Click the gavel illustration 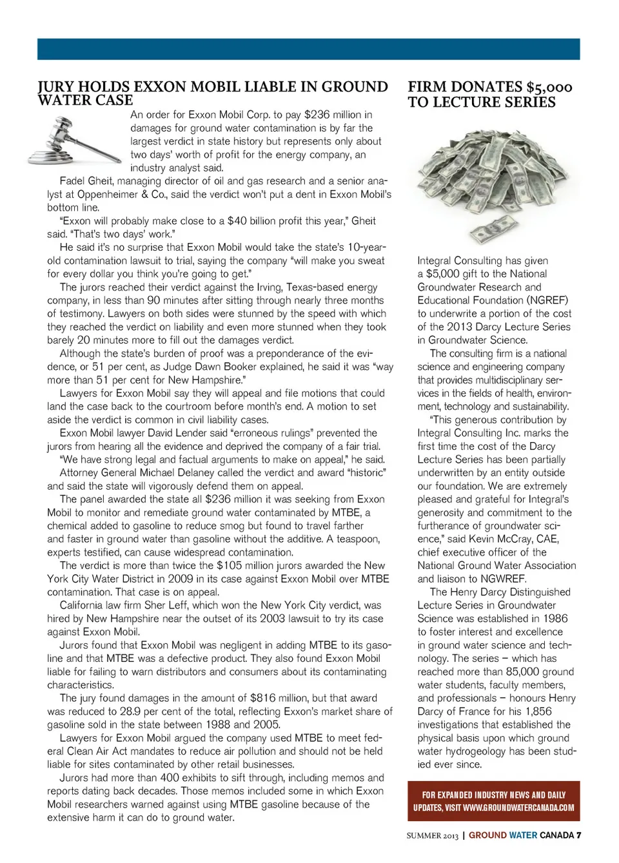74,141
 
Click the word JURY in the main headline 57,87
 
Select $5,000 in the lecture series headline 549,87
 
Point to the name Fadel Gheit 86,181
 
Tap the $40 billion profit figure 257,221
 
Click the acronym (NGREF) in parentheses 547,300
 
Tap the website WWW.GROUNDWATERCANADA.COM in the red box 518,808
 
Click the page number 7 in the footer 579,835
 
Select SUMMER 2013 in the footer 432,836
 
